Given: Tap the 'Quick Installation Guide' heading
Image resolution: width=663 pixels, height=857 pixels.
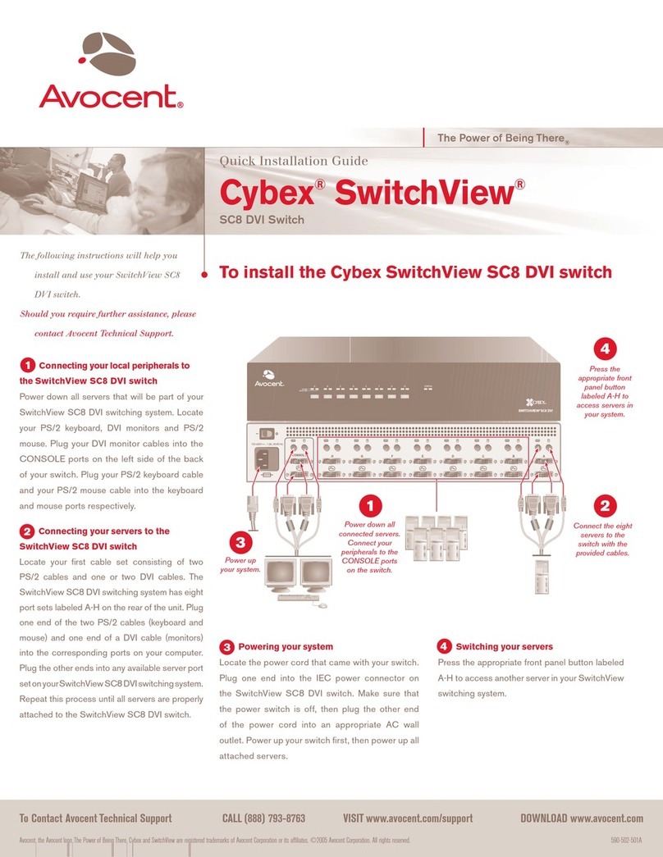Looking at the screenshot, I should pyautogui.click(x=292, y=162).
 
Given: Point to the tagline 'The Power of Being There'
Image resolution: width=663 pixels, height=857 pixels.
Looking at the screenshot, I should pyautogui.click(x=499, y=139).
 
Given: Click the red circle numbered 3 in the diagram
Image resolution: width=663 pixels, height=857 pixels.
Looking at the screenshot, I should pyautogui.click(x=238, y=543).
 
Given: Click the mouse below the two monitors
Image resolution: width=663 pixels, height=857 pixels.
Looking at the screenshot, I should pyautogui.click(x=321, y=605).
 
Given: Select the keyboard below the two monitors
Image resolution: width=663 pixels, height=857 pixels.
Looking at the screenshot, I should pyautogui.click(x=297, y=597).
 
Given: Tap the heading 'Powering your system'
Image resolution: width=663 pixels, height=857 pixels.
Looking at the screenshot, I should pyautogui.click(x=285, y=646).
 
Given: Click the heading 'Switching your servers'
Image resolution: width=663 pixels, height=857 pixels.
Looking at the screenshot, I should pyautogui.click(x=504, y=646).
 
